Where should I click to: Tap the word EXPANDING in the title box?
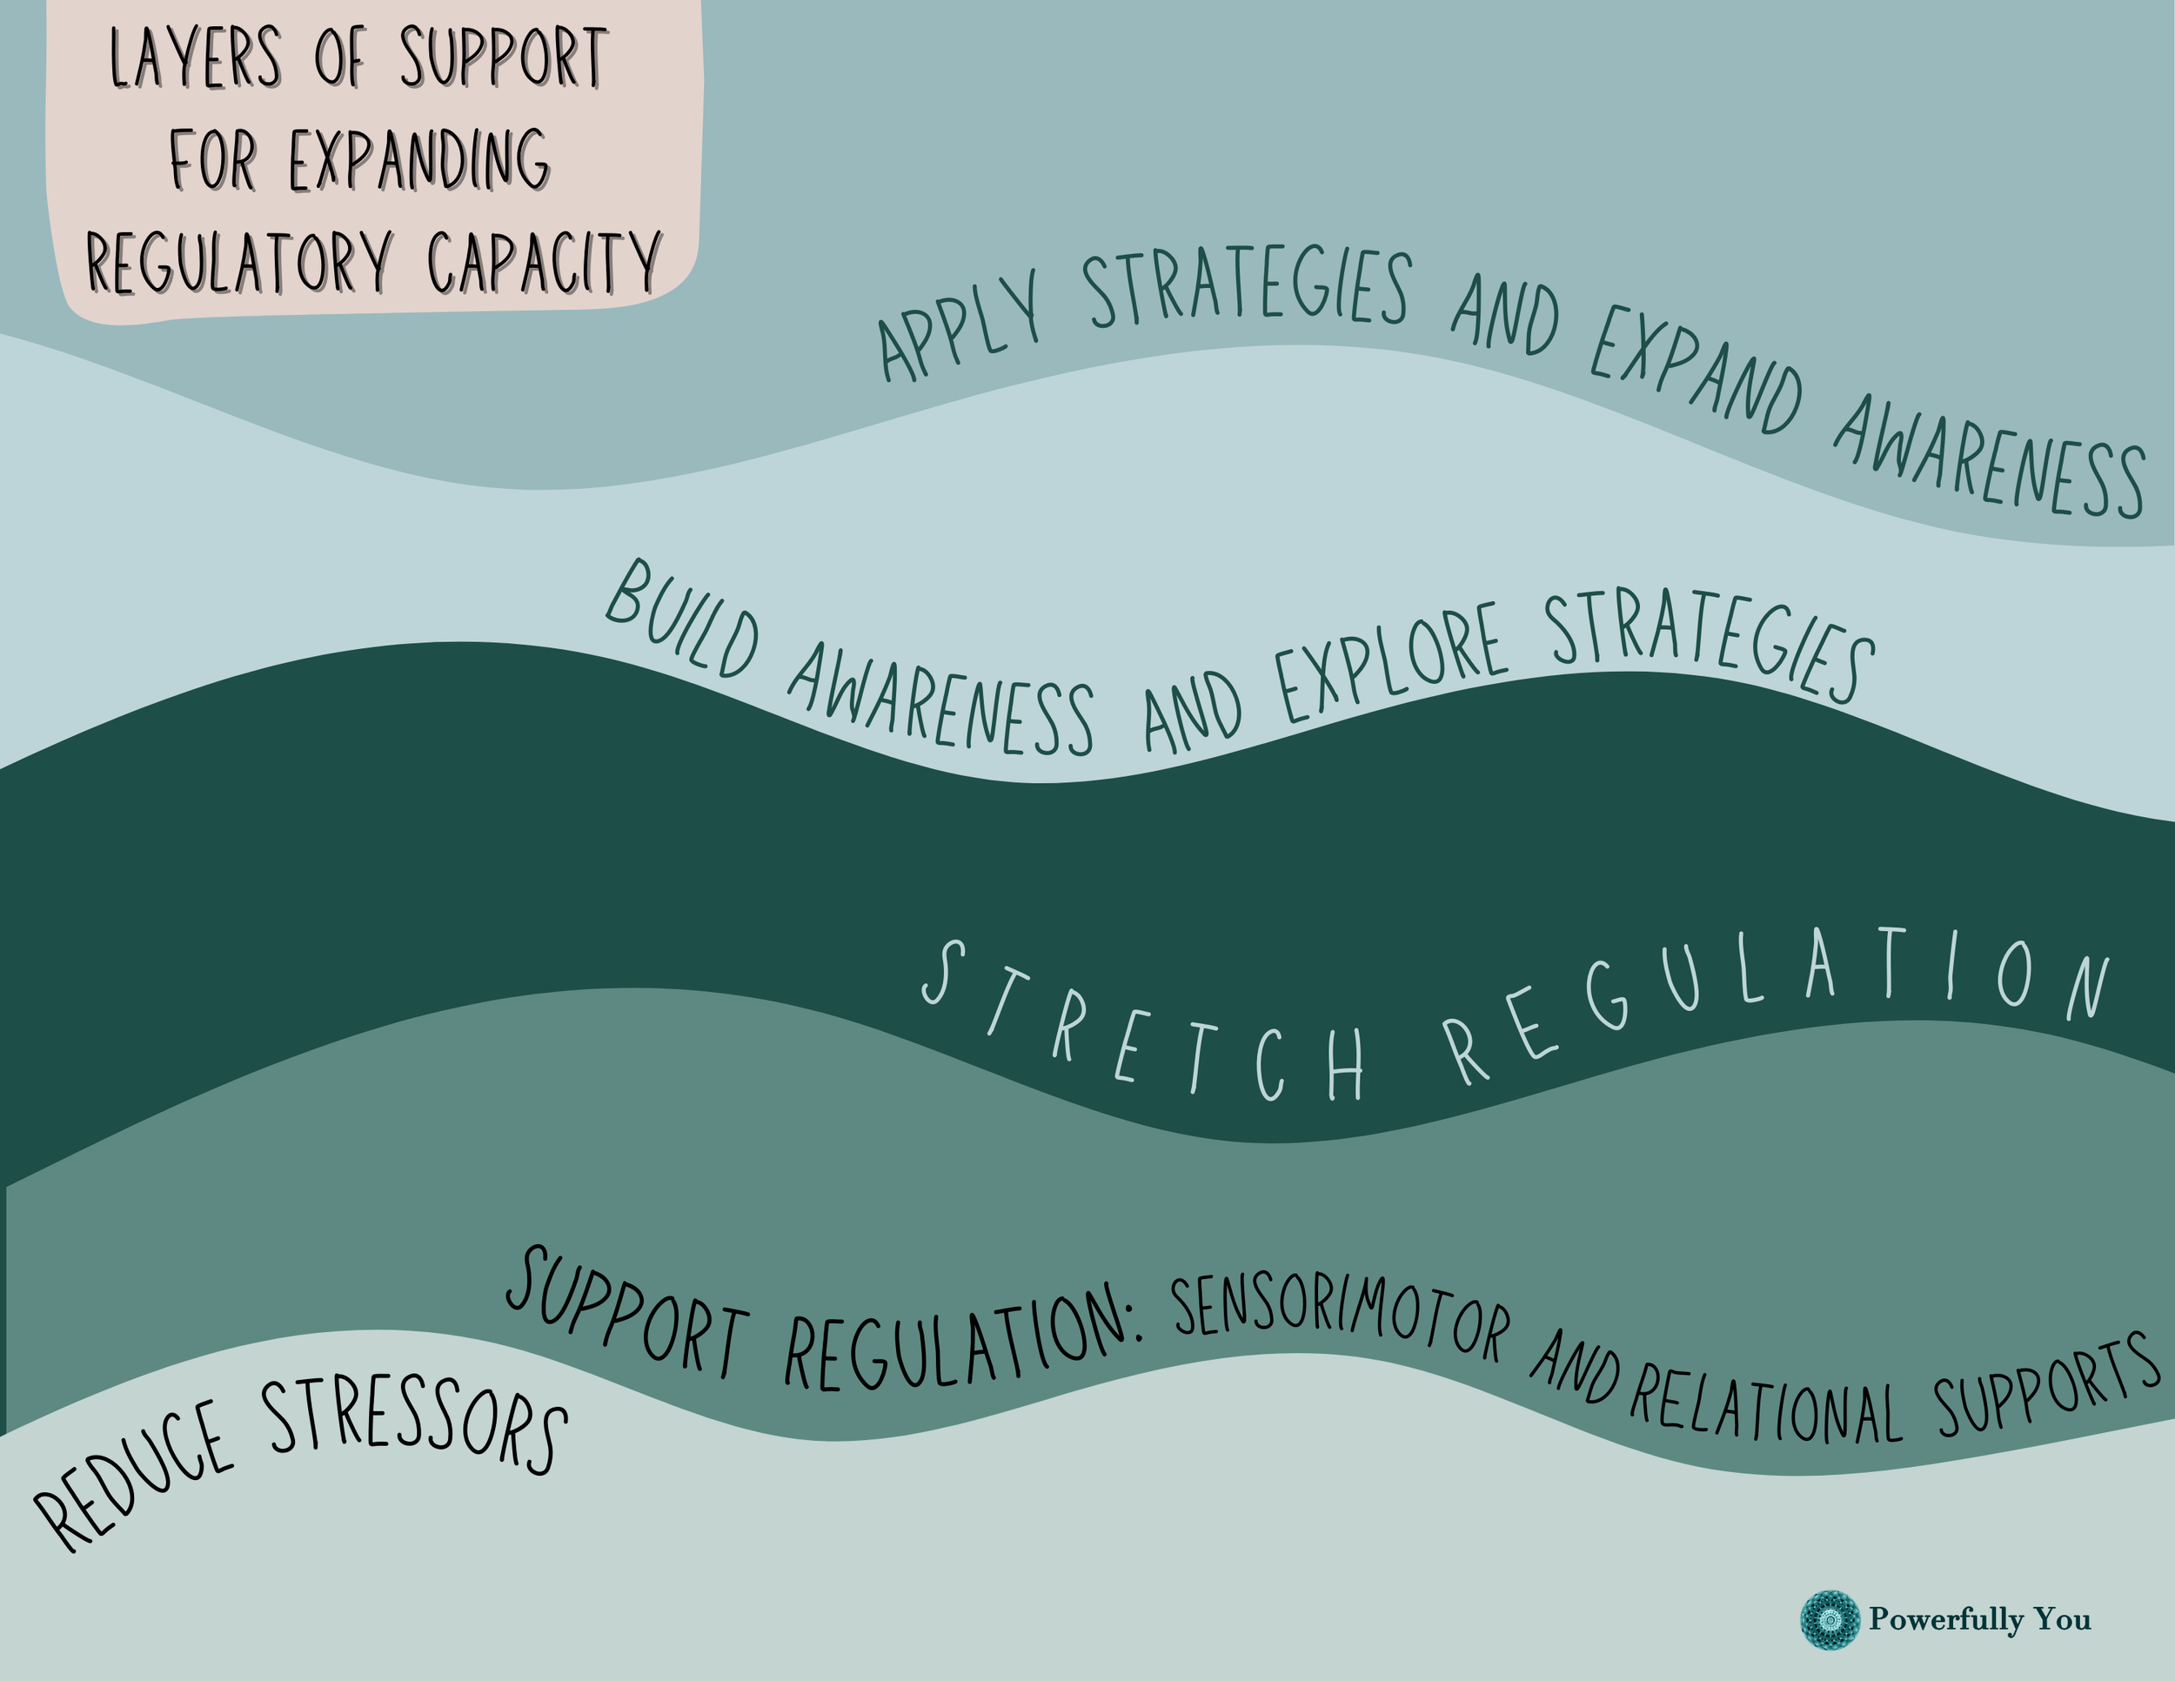[x=418, y=159]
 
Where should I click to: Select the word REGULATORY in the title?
[x=238, y=261]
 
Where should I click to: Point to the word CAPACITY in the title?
[x=544, y=261]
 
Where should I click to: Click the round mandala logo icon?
[x=1830, y=1620]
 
